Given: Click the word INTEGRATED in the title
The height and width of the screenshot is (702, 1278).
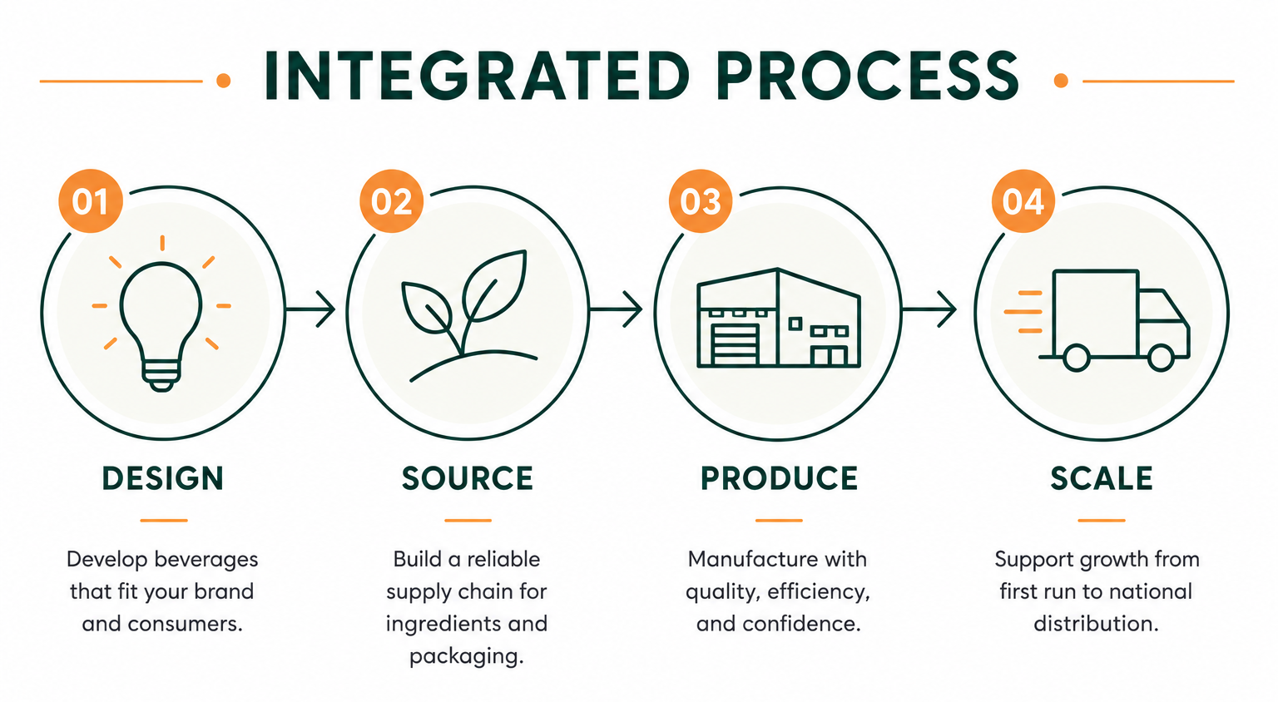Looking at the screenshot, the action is pos(477,77).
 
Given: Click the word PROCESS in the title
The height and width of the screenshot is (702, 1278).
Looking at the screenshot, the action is pos(868,77).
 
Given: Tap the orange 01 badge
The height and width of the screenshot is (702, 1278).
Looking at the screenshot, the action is pos(91,200).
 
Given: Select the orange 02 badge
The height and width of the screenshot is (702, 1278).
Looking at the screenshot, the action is pos(391,200).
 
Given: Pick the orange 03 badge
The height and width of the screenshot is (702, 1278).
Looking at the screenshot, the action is pos(701,200).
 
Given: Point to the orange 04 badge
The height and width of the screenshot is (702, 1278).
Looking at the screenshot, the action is pos(1023,200).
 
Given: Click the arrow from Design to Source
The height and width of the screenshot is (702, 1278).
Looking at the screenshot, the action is pos(310,309).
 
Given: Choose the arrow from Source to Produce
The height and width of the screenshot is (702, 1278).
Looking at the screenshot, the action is pos(617,309).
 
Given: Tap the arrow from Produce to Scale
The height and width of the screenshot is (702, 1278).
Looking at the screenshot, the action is pos(929,309).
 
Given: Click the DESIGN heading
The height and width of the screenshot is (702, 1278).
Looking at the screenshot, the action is pos(163,478).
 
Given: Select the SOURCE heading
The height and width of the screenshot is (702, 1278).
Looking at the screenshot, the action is pos(468,478).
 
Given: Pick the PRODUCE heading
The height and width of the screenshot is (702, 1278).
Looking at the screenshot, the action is pos(780,478).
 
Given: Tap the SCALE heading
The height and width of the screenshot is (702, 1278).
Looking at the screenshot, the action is pos(1102,478).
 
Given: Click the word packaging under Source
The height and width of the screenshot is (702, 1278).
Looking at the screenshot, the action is pos(466,657).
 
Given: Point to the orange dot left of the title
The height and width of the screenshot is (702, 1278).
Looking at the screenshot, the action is pos(224,81).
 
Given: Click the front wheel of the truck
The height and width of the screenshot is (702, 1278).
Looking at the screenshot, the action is pos(1161,358).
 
